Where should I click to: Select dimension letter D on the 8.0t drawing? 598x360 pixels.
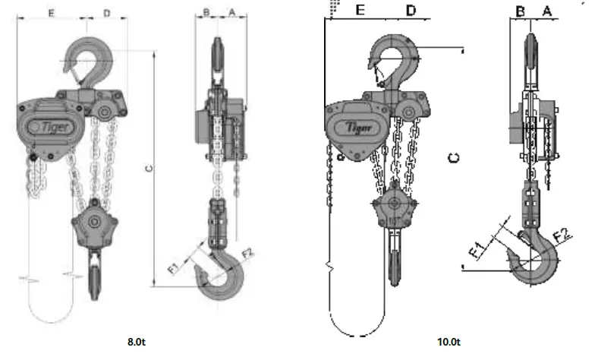click(x=107, y=14)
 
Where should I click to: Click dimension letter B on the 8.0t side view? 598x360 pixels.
click(x=206, y=12)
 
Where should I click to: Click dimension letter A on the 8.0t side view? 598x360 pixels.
click(x=232, y=12)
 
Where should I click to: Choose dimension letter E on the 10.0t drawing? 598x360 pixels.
click(x=361, y=10)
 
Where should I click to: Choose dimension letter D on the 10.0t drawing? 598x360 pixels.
click(x=411, y=10)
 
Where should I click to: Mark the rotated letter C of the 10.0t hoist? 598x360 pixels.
click(x=453, y=157)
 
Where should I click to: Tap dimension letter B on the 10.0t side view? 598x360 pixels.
click(x=521, y=11)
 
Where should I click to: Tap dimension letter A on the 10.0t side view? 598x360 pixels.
click(x=546, y=11)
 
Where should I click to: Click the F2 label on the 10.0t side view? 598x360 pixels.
click(x=563, y=234)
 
